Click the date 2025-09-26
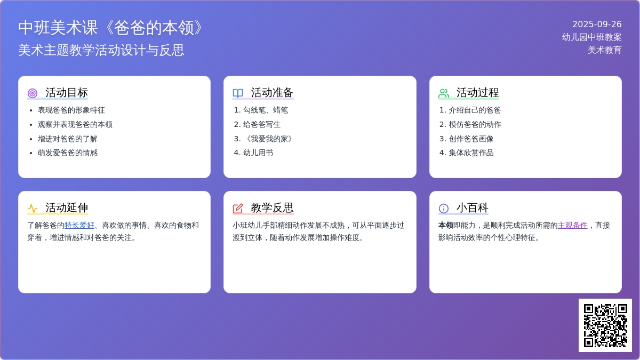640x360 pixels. tap(597, 25)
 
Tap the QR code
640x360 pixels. tap(605, 325)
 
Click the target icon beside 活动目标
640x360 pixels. tap(33, 93)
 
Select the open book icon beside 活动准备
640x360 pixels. tap(238, 93)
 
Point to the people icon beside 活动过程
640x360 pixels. tap(443, 93)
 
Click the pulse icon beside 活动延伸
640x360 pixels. tap(33, 209)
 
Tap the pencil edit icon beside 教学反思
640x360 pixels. tap(238, 209)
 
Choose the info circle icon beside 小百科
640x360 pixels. tap(443, 209)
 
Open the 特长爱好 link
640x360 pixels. tap(79, 226)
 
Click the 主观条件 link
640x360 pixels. tap(573, 226)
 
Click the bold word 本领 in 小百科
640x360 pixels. tap(446, 226)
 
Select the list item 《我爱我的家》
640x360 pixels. tap(269, 139)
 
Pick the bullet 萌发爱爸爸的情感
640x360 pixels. tap(68, 153)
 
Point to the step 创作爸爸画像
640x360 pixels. tap(471, 139)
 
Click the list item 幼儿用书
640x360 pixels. tap(258, 153)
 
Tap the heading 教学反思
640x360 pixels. tap(273, 207)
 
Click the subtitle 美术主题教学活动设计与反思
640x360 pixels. tap(101, 50)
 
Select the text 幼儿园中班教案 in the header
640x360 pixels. tap(591, 37)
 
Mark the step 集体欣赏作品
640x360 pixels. tap(471, 153)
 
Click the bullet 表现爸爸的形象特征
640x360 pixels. tap(71, 110)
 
